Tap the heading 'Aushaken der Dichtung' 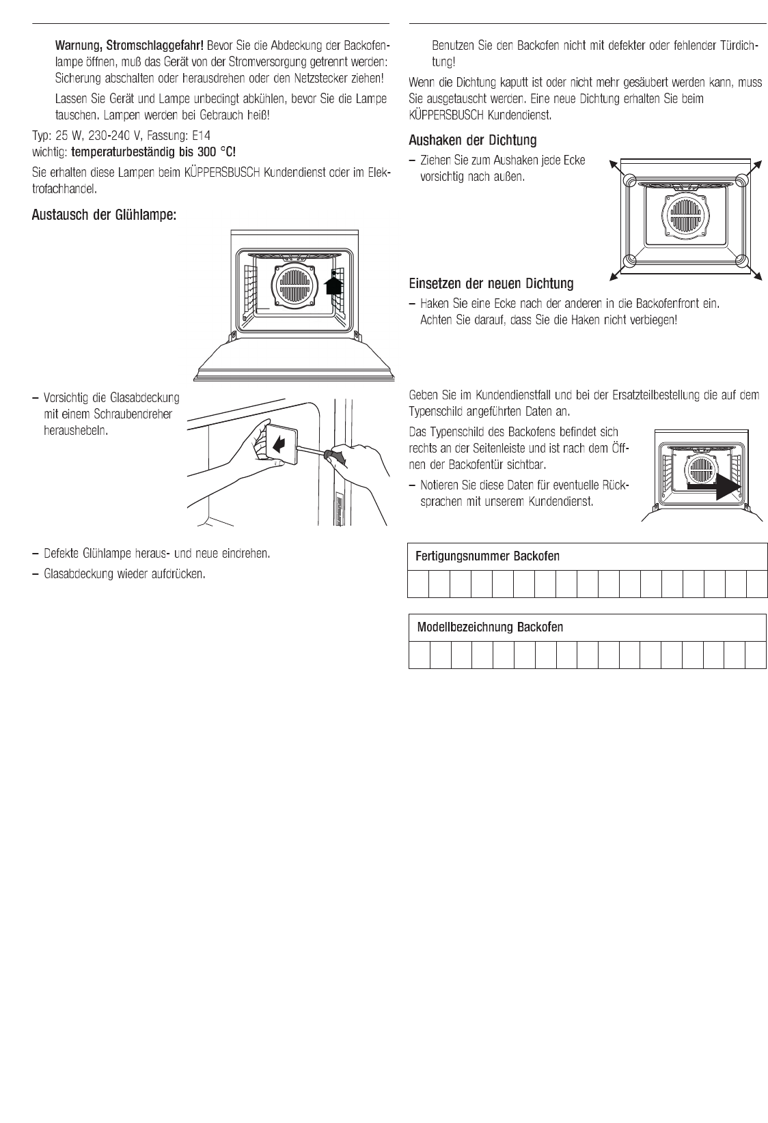click(x=472, y=141)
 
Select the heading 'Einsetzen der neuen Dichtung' click(x=491, y=283)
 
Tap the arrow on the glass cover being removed click(x=279, y=445)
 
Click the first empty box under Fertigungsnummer click(x=419, y=584)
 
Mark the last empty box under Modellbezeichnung click(x=756, y=655)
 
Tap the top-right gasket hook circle click(x=741, y=179)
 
